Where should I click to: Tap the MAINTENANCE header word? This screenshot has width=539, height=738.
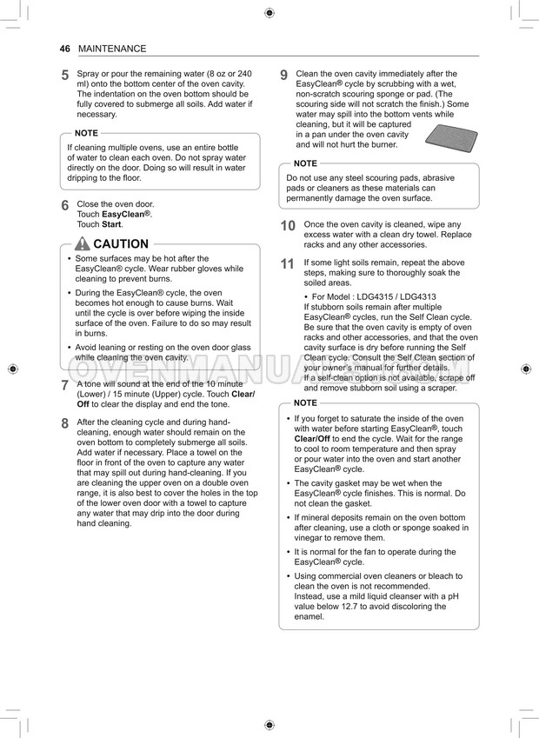112,49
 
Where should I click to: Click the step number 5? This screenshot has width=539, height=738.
65,76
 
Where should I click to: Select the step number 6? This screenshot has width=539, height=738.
65,206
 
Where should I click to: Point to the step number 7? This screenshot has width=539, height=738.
65,385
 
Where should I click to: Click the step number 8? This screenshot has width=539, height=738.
65,423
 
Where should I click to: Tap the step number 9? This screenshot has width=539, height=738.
284,76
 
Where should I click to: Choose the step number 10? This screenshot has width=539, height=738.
288,226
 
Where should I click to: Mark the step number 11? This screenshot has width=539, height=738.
288,264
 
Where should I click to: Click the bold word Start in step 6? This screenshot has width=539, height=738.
111,224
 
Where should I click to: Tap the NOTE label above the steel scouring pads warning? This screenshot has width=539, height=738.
305,163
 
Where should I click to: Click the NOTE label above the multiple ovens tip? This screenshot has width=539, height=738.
86,133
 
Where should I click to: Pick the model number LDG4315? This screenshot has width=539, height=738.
389,297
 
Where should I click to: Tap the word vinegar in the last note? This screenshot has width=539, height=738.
309,538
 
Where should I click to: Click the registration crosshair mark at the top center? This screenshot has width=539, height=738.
269,12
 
